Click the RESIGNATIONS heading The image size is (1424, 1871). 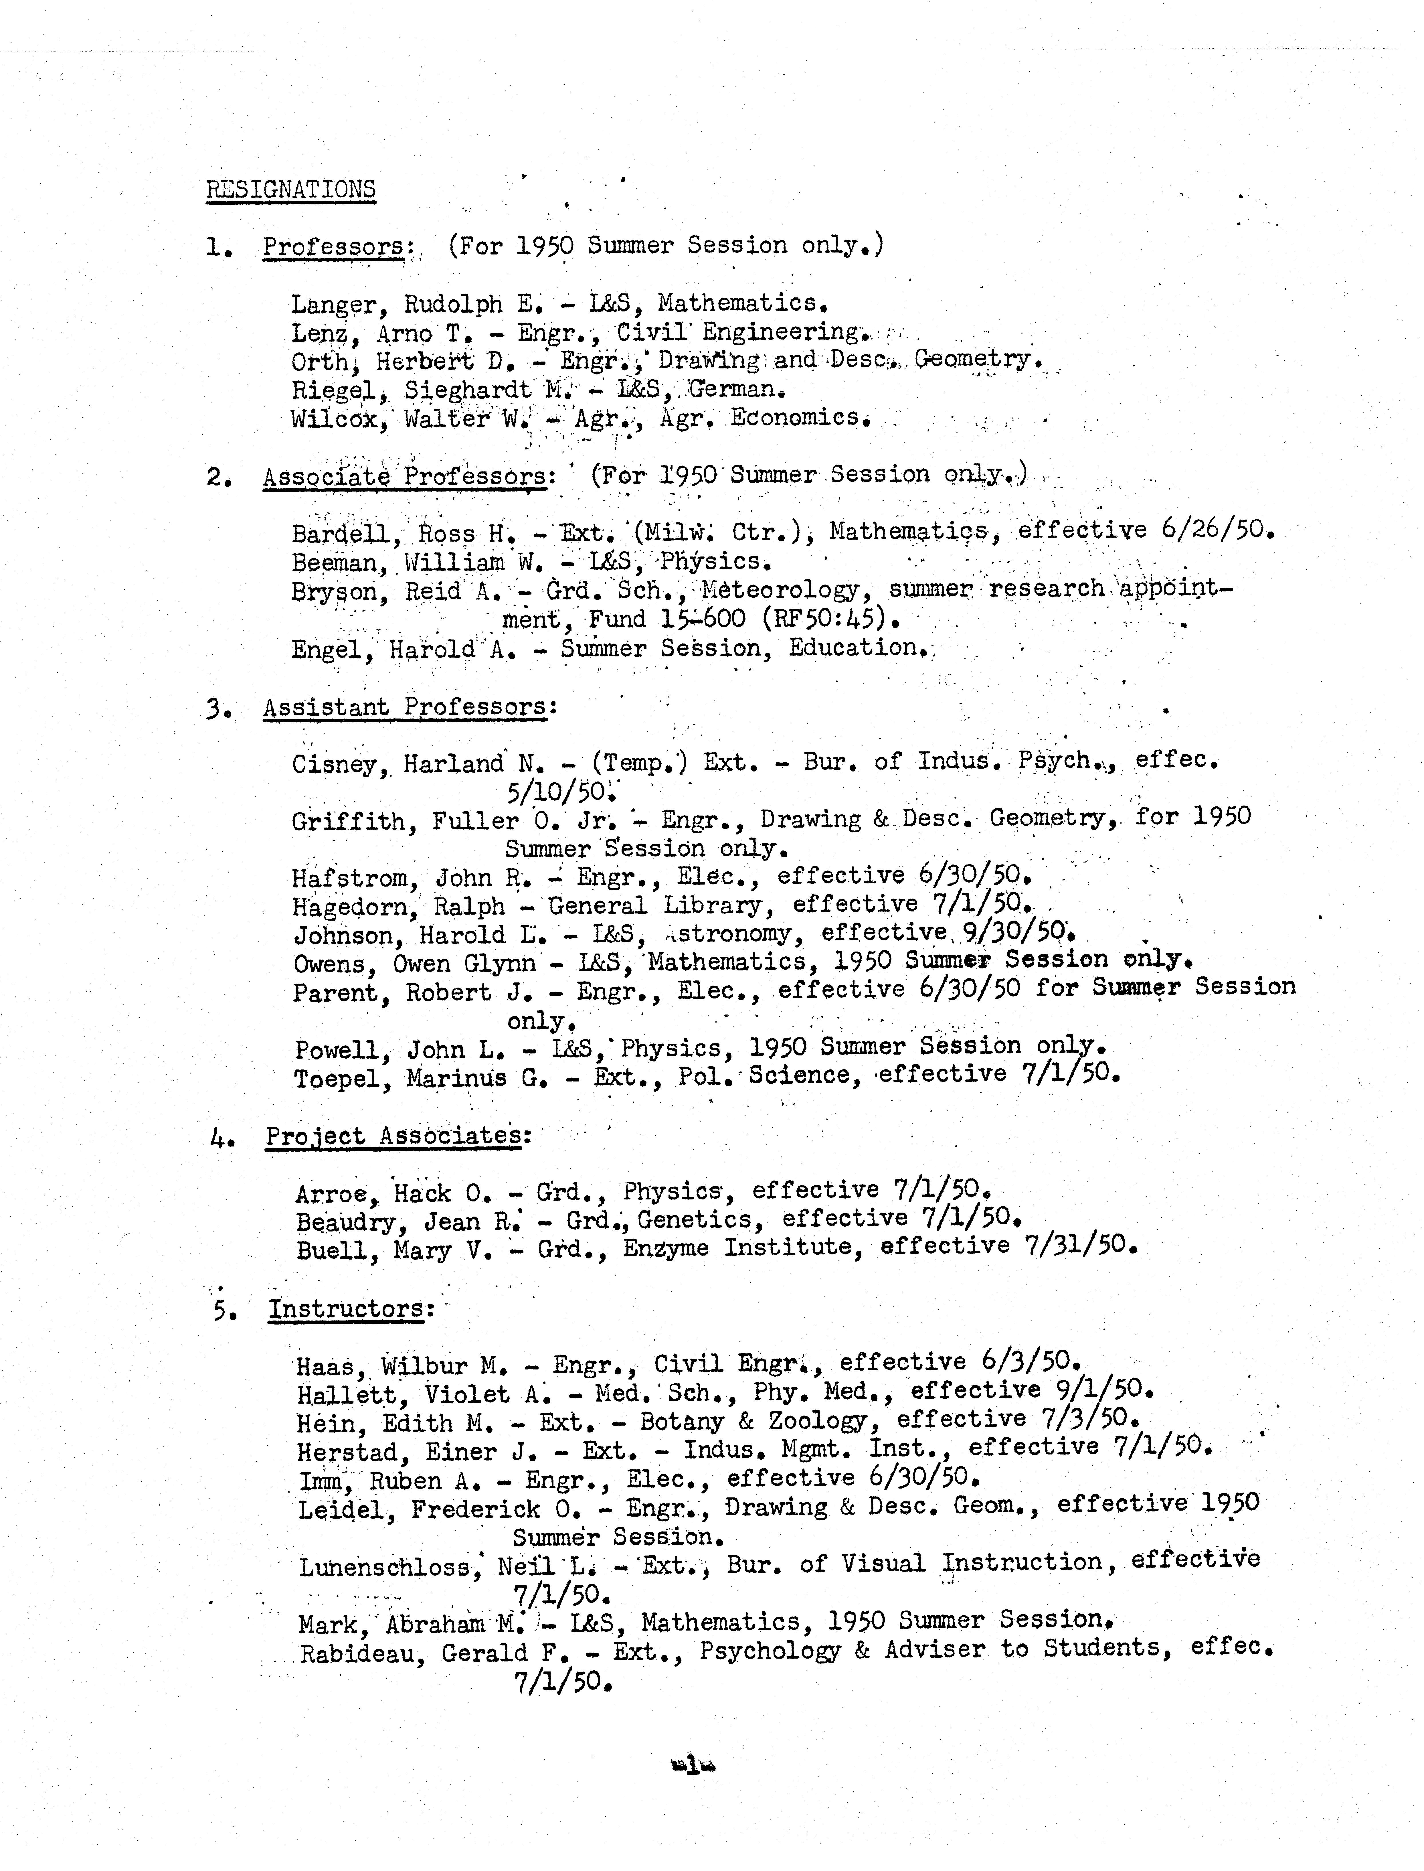[x=291, y=189]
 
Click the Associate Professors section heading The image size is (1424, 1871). [x=405, y=476]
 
